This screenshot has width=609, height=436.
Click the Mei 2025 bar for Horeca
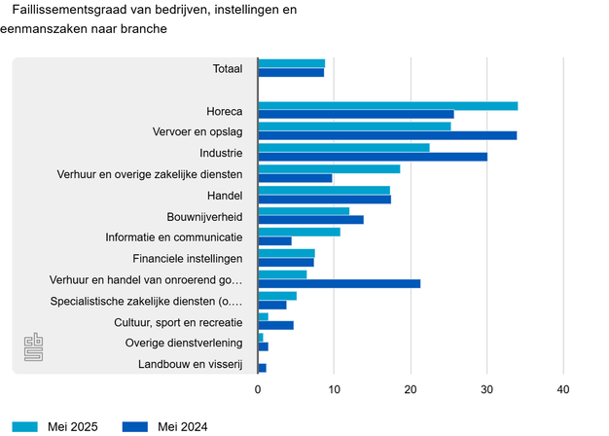[387, 105]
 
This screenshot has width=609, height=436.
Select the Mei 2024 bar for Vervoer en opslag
[387, 135]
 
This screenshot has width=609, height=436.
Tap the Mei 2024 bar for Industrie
[373, 157]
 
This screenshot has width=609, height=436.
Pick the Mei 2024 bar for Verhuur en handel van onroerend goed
[339, 283]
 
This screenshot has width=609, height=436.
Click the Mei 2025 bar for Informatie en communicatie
[299, 232]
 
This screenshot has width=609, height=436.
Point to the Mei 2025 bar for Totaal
[291, 63]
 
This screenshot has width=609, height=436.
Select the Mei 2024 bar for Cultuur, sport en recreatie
[275, 325]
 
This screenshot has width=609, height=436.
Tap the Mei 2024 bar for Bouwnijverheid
[310, 220]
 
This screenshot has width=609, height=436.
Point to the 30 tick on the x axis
[486, 389]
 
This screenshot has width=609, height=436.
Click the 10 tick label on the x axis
[334, 389]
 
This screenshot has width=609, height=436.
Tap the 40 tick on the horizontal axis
[562, 389]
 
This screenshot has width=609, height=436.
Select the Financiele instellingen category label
[187, 258]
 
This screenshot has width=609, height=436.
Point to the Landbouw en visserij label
[189, 365]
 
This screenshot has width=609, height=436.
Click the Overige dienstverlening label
[184, 343]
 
